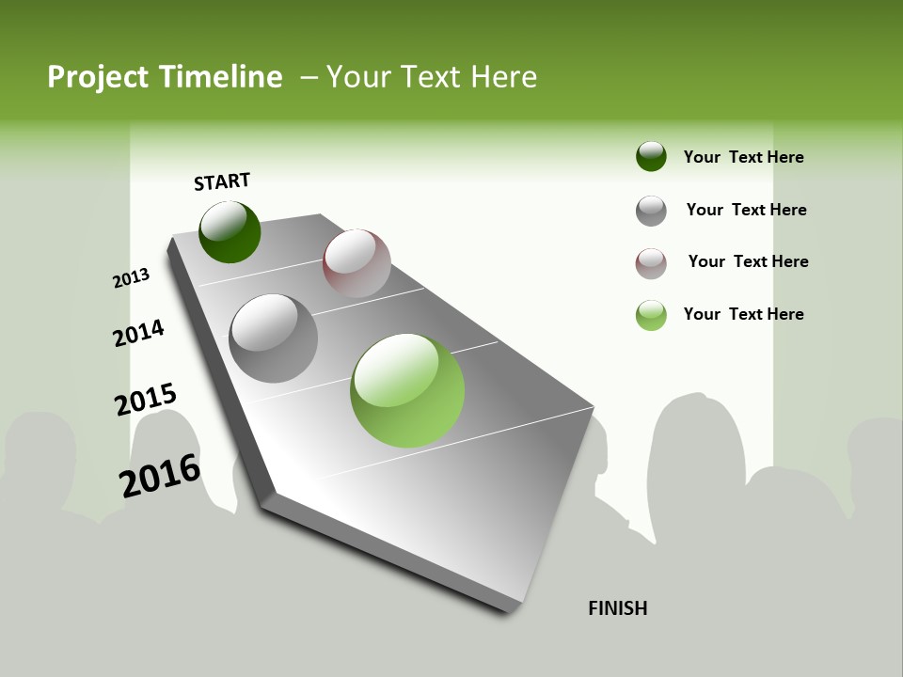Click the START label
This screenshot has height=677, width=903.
click(x=222, y=181)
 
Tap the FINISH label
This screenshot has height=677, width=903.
click(x=618, y=608)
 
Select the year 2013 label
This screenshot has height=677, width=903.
click(x=131, y=277)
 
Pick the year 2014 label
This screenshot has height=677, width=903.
click(x=138, y=333)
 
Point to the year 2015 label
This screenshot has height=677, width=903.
click(x=146, y=400)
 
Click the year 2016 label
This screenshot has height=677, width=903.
click(x=160, y=475)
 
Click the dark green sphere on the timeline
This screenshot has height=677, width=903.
click(x=230, y=232)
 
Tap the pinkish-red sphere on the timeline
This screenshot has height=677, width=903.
click(x=356, y=263)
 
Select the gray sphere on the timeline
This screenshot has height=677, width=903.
click(x=274, y=338)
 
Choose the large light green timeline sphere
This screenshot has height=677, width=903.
click(x=407, y=390)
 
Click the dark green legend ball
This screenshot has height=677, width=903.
click(x=651, y=156)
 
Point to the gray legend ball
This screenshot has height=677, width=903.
click(x=651, y=211)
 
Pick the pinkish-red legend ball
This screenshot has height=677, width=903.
click(x=651, y=263)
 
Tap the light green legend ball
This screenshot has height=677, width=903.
click(x=651, y=315)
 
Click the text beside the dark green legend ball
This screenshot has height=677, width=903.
click(x=743, y=157)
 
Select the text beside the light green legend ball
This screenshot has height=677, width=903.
click(x=743, y=314)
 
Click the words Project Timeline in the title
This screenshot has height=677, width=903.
click(x=165, y=77)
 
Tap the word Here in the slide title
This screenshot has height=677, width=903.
click(x=503, y=77)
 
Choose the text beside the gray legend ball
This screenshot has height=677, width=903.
click(x=746, y=210)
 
